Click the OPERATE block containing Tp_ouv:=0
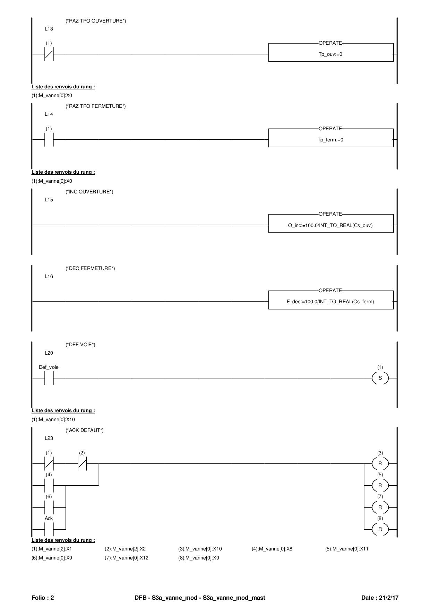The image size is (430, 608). pyautogui.click(x=331, y=53)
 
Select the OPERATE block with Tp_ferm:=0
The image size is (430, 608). pyautogui.click(x=331, y=138)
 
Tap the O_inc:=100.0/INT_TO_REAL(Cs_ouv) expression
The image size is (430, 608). pyautogui.click(x=330, y=225)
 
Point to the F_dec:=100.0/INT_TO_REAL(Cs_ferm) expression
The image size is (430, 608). pyautogui.click(x=330, y=302)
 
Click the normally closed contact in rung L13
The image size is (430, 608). pyautogui.click(x=49, y=54)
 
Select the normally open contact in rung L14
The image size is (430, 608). pyautogui.click(x=49, y=140)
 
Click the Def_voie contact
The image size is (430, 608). pyautogui.click(x=49, y=378)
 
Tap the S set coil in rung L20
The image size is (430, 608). pyautogui.click(x=380, y=378)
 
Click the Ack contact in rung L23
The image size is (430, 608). pyautogui.click(x=49, y=529)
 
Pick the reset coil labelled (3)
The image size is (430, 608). pyautogui.click(x=380, y=463)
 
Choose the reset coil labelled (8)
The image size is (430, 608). pyautogui.click(x=380, y=529)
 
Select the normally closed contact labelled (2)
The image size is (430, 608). pyautogui.click(x=82, y=463)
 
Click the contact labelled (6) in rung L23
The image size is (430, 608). pyautogui.click(x=49, y=507)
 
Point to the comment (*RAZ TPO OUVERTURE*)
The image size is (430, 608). pyautogui.click(x=96, y=21)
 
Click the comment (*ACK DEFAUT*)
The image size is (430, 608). pyautogui.click(x=85, y=430)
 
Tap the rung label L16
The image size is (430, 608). pyautogui.click(x=49, y=276)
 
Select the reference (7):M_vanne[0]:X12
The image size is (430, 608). pyautogui.click(x=127, y=558)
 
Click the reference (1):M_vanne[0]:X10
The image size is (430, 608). pyautogui.click(x=53, y=419)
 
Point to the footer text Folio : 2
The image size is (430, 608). pyautogui.click(x=43, y=598)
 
